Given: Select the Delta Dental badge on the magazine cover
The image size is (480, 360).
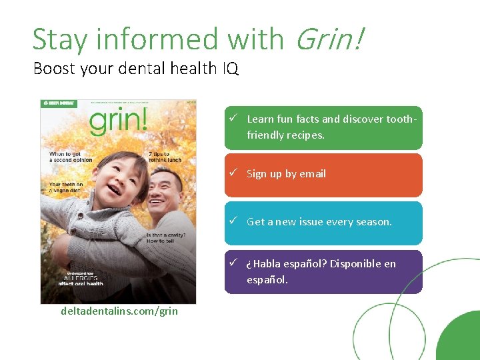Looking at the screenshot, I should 59,103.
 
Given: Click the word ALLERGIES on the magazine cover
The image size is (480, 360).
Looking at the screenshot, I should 81,277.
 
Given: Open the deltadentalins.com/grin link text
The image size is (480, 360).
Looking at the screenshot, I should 119,311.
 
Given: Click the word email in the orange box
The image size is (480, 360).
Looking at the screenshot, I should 313,174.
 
